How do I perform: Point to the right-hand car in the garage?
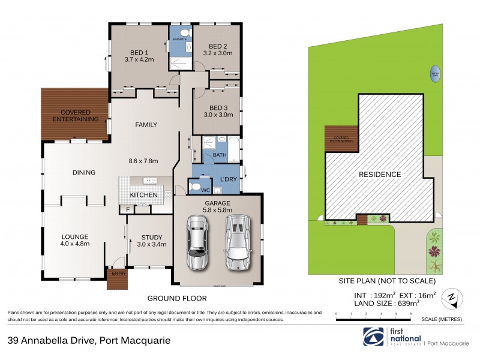237,242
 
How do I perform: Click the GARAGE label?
217,203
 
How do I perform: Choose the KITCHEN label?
143,195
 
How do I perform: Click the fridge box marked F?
128,209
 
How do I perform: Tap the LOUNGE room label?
75,236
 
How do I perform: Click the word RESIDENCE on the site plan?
380,175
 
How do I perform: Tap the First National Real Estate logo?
375,337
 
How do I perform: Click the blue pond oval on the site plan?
434,74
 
